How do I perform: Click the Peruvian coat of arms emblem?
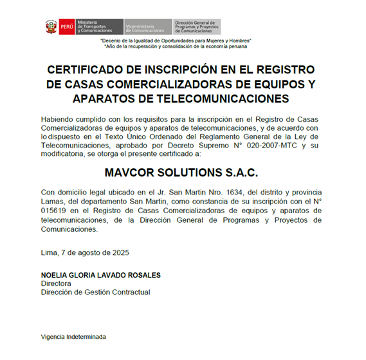[51, 26]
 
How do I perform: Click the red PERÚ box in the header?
[66, 26]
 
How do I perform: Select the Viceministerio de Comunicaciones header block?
[147, 26]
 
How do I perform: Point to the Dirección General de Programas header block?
[197, 26]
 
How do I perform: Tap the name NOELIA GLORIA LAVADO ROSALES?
[100, 275]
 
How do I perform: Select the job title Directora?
[56, 283]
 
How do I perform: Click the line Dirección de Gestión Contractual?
[95, 292]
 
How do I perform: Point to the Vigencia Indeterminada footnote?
[73, 337]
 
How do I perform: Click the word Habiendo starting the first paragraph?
[59, 119]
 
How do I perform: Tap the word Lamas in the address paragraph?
[51, 201]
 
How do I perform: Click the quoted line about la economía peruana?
[175, 47]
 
